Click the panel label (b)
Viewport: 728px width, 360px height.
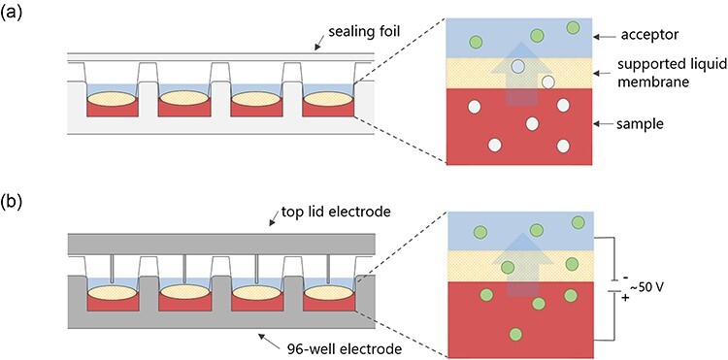(11, 203)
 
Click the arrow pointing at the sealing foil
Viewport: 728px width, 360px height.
(320, 43)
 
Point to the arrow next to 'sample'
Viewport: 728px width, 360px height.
(606, 124)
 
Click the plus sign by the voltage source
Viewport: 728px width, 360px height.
(624, 297)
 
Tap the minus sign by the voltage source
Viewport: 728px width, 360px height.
(624, 278)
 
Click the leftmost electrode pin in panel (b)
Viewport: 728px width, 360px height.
(113, 269)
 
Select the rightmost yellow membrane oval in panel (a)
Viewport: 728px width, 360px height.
(327, 99)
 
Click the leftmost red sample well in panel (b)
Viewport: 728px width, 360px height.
(114, 302)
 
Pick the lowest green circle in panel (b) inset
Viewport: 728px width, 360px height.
(515, 334)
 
